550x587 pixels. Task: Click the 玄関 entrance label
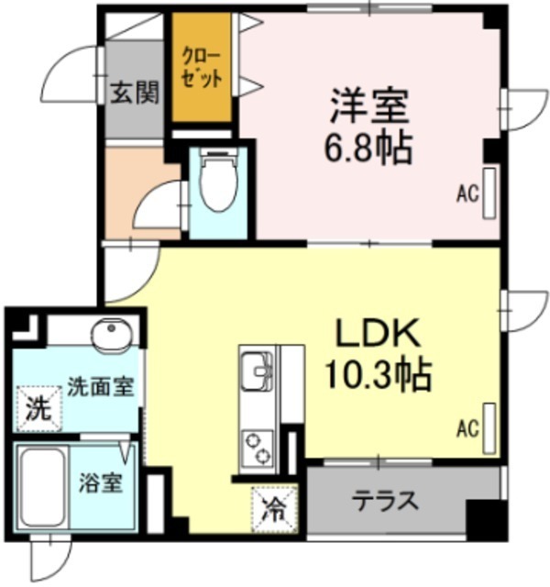point(136,93)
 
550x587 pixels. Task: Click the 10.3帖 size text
point(376,372)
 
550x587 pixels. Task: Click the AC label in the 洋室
point(467,194)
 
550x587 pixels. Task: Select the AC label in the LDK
point(467,427)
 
